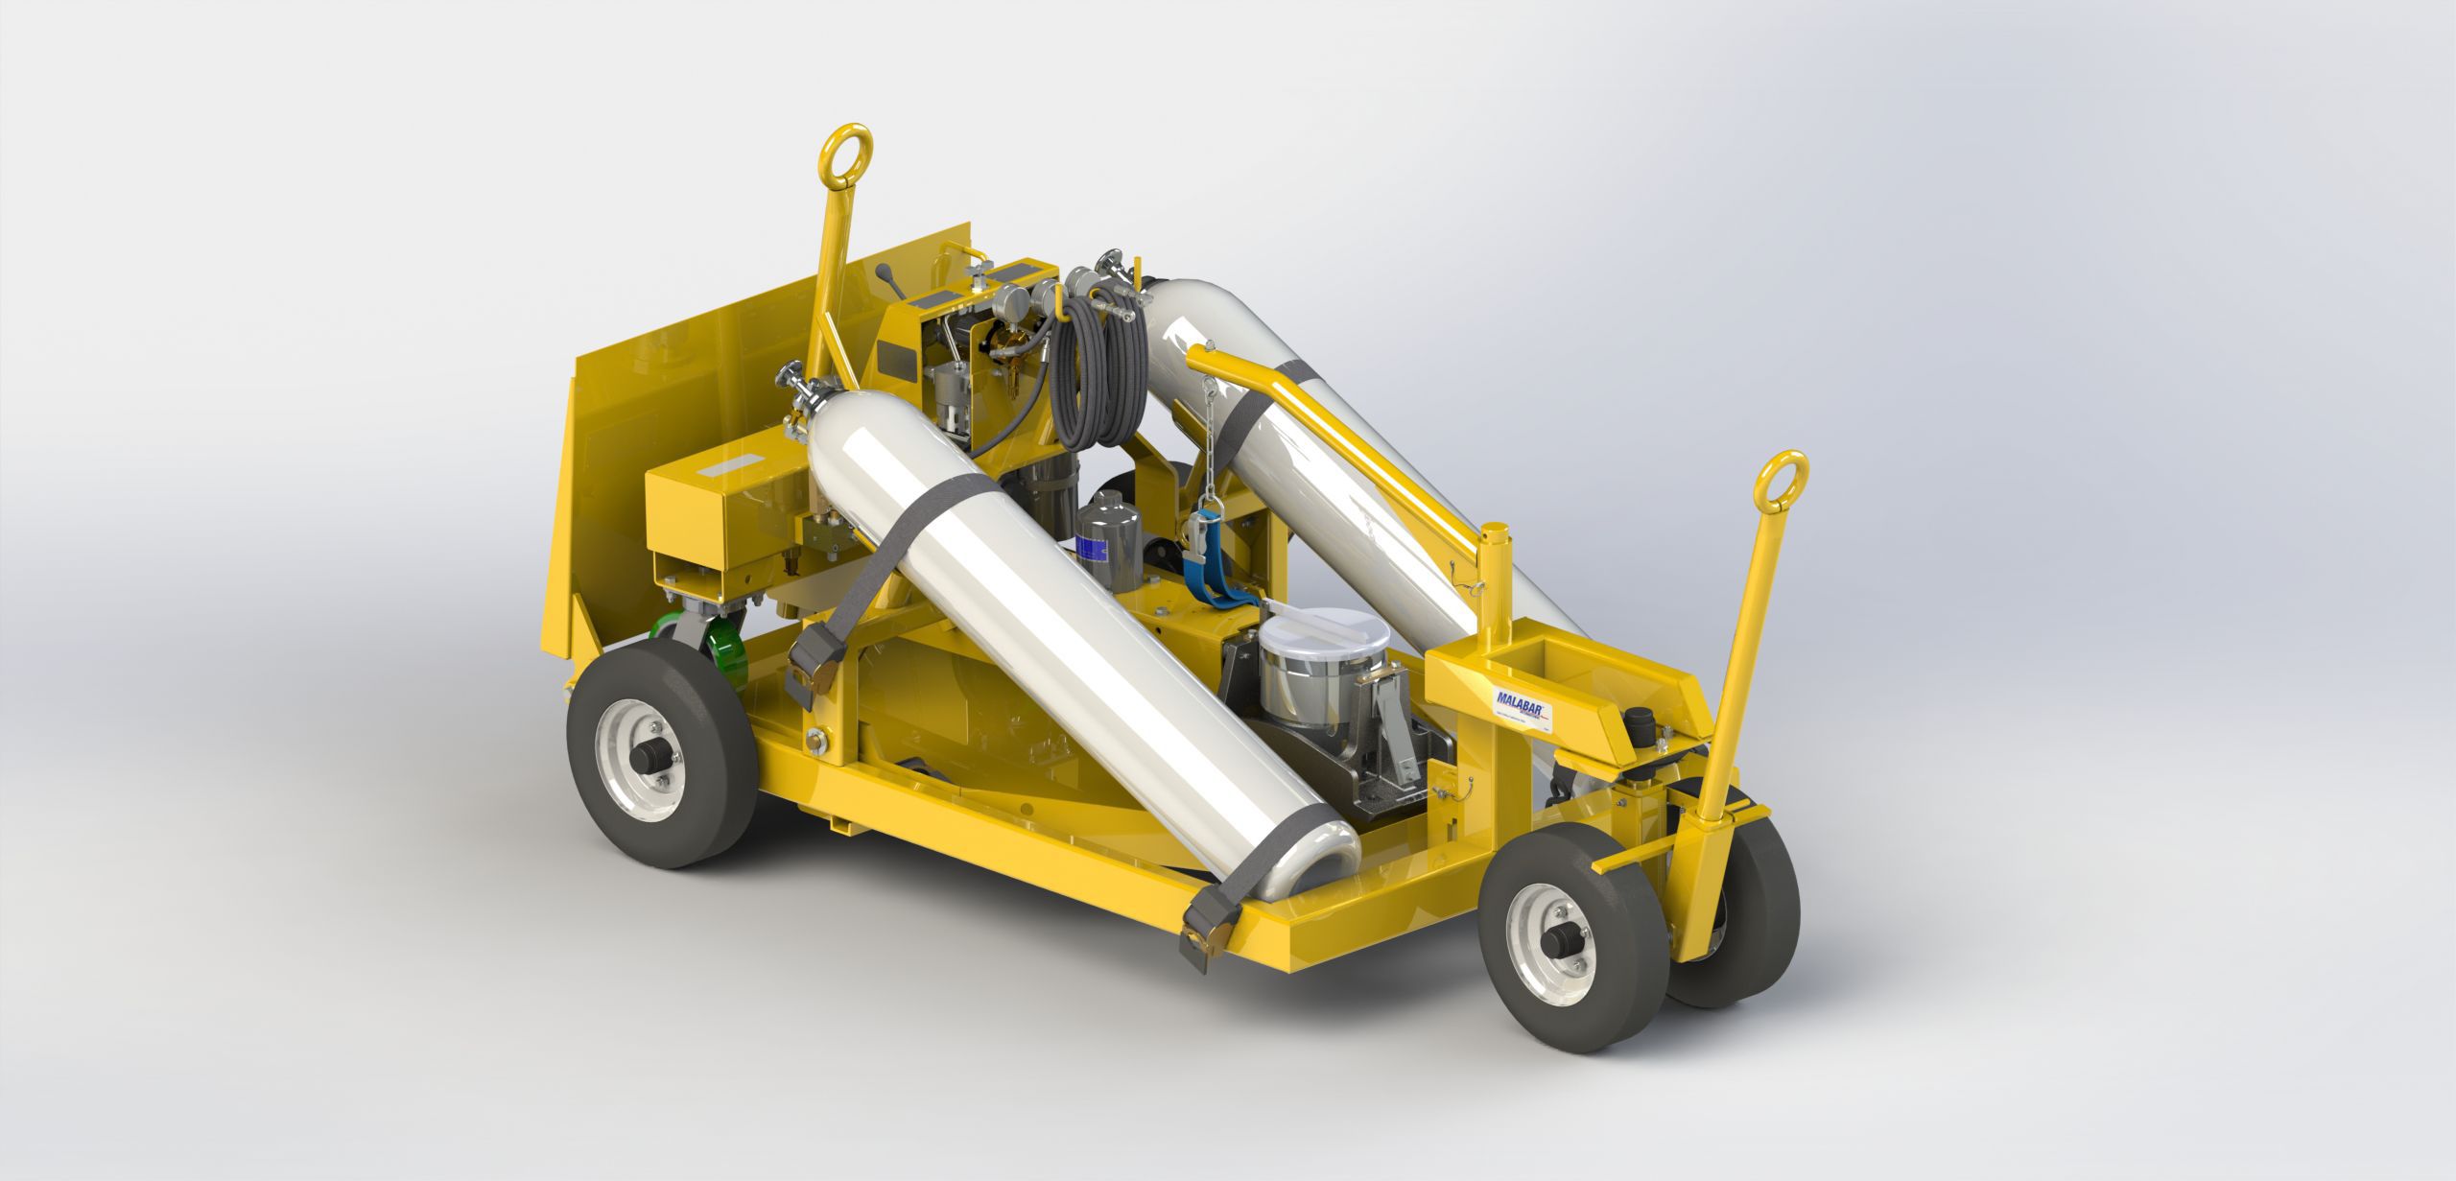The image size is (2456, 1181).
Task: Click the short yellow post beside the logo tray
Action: [1495, 575]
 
